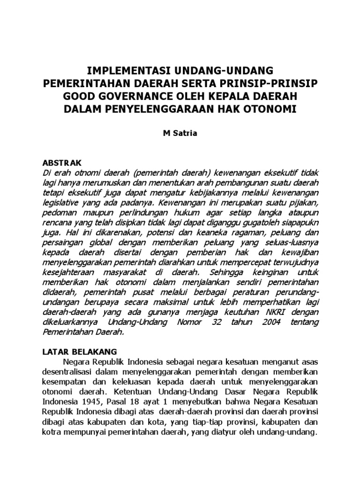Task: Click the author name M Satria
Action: point(180,133)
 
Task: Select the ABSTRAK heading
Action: point(62,163)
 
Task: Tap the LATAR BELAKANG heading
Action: point(80,351)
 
